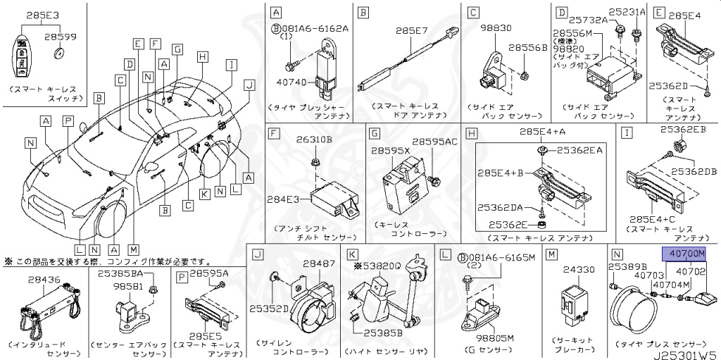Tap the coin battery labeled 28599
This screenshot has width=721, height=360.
60,54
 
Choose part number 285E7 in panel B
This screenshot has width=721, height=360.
406,31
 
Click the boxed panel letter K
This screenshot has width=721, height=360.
351,254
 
